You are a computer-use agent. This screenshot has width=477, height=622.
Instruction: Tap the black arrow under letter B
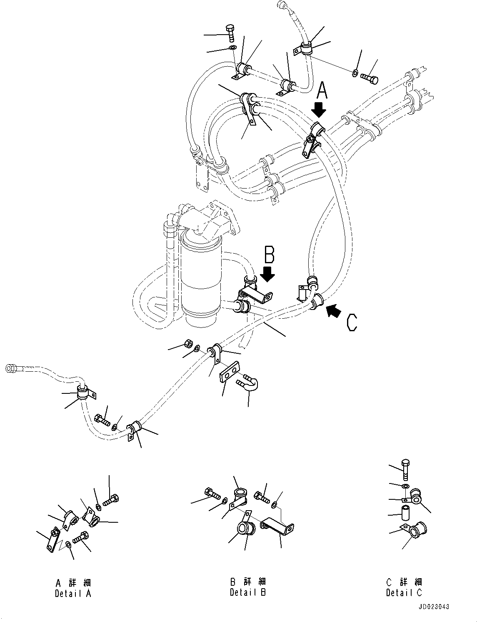point(267,273)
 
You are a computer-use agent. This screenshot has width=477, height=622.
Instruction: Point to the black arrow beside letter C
point(334,311)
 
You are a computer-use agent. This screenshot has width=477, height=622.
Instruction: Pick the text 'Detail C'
point(404,592)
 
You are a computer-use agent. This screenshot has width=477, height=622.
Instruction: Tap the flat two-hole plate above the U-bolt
point(230,372)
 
